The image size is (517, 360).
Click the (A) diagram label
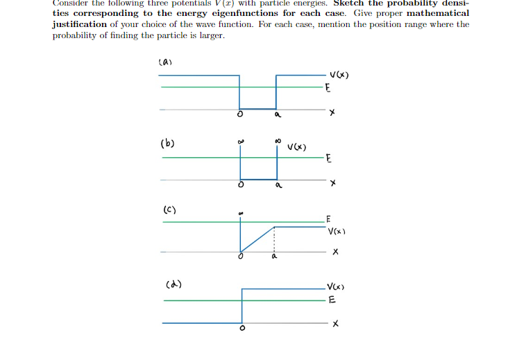164,63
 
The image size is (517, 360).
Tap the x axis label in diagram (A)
332,112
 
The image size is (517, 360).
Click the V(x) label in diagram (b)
298,146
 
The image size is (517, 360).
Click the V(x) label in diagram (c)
339,232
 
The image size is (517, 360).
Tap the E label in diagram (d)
332,300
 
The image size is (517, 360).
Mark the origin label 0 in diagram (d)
241,329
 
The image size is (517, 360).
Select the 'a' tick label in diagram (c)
273,257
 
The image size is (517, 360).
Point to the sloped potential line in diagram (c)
257,239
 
